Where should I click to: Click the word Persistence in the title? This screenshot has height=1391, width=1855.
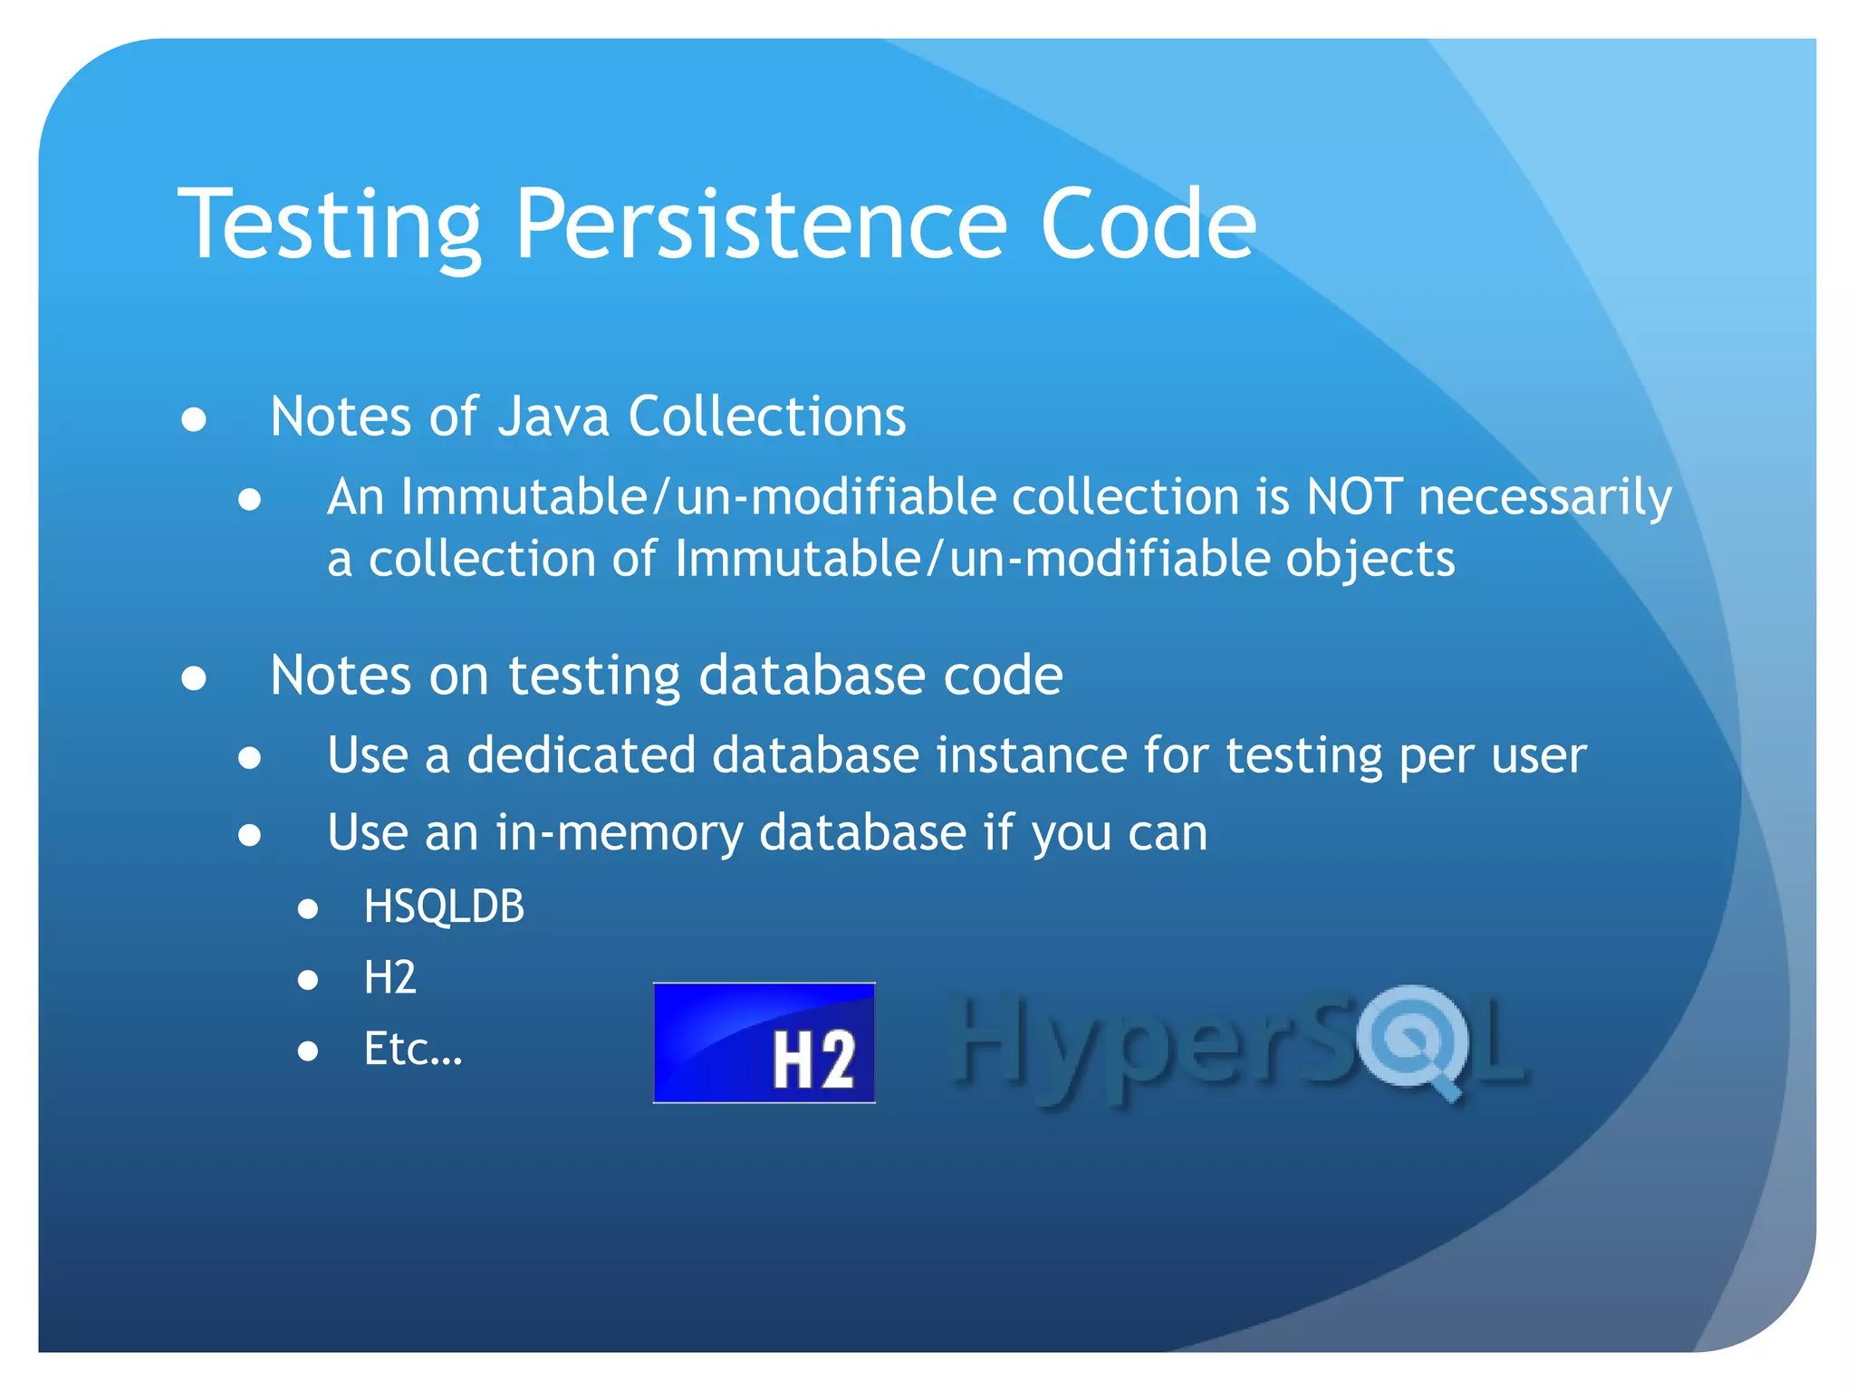pos(760,224)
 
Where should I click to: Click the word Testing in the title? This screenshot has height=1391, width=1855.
pos(330,224)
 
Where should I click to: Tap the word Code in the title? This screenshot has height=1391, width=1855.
pos(1148,224)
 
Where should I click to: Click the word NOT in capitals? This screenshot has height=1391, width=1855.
pos(1354,497)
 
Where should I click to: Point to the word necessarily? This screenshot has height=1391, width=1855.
pos(1544,499)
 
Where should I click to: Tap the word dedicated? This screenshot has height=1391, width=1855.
pos(581,755)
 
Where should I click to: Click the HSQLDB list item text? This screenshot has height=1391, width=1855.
pos(444,907)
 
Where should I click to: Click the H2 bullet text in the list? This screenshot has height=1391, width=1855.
pos(389,978)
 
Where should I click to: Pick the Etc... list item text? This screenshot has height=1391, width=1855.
pos(412,1050)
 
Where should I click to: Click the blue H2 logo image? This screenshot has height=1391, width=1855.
pos(764,1042)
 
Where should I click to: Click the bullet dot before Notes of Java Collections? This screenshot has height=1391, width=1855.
pos(194,420)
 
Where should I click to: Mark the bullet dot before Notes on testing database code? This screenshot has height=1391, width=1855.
pos(194,678)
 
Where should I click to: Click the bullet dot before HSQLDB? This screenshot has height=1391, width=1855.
pos(308,908)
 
